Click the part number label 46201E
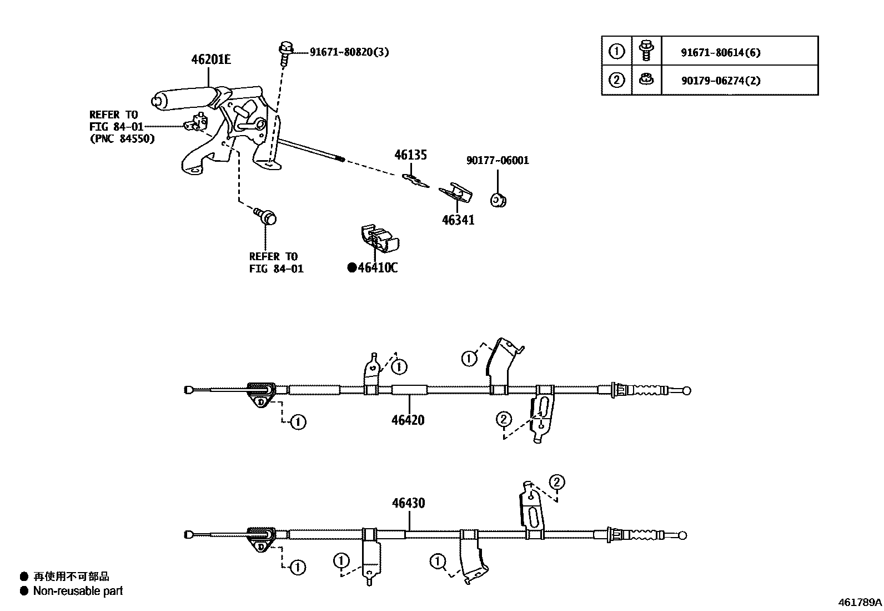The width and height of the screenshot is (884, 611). [210, 59]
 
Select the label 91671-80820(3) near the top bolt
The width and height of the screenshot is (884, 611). [349, 52]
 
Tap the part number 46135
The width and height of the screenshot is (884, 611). [410, 155]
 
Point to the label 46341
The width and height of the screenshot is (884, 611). [458, 220]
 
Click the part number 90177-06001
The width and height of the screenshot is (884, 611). [497, 161]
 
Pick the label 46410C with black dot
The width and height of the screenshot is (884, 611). [373, 268]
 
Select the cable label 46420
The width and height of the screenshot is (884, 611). [408, 420]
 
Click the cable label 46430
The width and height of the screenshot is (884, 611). [408, 503]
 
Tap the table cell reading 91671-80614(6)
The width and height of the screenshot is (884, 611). [720, 53]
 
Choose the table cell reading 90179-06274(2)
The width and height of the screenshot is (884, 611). [720, 81]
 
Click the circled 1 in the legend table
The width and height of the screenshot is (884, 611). [616, 52]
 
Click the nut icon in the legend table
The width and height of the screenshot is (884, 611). [645, 80]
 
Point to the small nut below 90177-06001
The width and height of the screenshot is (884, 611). [498, 200]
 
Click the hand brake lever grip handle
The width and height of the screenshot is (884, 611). [183, 97]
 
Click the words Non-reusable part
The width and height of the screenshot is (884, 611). [78, 591]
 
